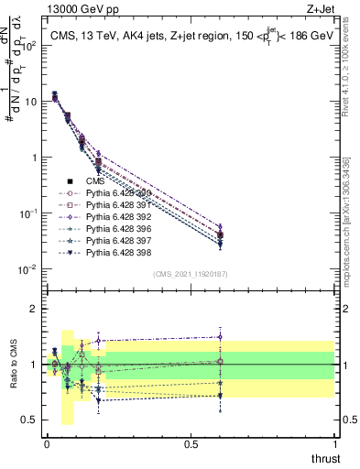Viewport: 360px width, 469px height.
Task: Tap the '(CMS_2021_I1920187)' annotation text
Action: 191,274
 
